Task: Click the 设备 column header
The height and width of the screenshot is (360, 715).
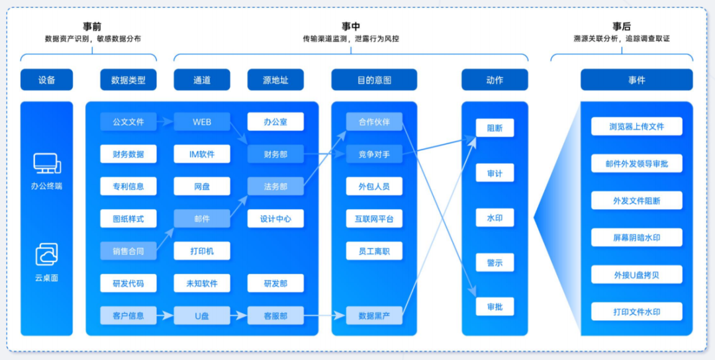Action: click(x=46, y=80)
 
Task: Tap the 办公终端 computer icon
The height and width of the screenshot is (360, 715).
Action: click(x=46, y=163)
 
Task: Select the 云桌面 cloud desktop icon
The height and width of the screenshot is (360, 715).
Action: click(x=46, y=255)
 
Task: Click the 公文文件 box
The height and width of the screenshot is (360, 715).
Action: click(x=128, y=122)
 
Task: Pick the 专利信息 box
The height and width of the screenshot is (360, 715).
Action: click(x=128, y=186)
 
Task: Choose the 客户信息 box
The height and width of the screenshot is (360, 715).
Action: click(x=128, y=316)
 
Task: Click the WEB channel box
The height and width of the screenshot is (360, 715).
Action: click(x=202, y=122)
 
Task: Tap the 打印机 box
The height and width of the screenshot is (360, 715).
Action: click(x=202, y=251)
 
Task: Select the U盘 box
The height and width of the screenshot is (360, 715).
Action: click(x=202, y=316)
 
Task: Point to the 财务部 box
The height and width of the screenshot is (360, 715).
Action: click(x=275, y=154)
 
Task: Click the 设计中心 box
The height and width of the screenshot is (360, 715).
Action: click(x=275, y=218)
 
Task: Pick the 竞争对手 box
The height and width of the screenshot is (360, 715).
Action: click(x=374, y=154)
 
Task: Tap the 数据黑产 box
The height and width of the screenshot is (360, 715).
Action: click(x=374, y=316)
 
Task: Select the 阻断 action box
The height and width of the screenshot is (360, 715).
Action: click(x=495, y=128)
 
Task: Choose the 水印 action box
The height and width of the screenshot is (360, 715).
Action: click(x=495, y=217)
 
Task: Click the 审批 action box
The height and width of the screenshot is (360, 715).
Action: click(x=495, y=306)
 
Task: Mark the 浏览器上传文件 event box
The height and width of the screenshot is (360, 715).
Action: click(x=636, y=126)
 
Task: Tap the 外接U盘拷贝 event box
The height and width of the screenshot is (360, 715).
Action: click(x=636, y=274)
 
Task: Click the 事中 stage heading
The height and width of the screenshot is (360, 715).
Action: click(x=351, y=26)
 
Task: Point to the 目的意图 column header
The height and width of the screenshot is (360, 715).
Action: click(x=374, y=80)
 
